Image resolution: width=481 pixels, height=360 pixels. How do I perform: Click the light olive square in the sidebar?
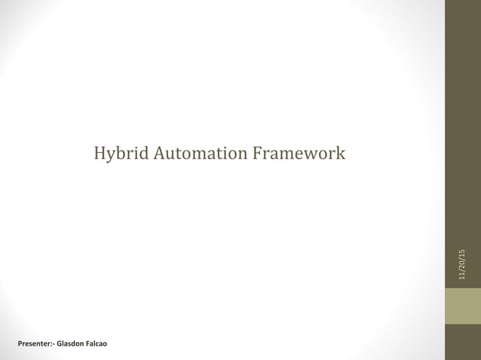pyautogui.click(x=462, y=307)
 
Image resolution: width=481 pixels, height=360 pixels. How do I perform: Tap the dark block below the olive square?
pyautogui.click(x=462, y=342)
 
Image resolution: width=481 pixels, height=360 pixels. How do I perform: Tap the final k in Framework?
pyautogui.click(x=342, y=154)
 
